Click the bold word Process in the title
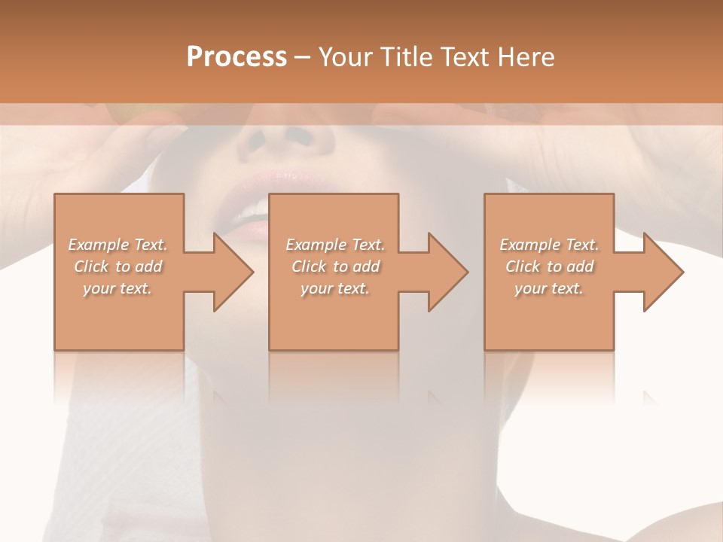[x=236, y=57]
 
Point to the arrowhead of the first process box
[x=233, y=272]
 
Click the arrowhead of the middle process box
[x=447, y=272]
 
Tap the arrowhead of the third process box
[x=663, y=272]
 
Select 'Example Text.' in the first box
[x=117, y=245]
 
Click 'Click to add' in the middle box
[x=335, y=266]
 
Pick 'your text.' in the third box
[x=549, y=288]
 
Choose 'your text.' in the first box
[x=117, y=288]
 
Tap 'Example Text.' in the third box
[x=549, y=245]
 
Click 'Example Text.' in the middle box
[x=335, y=245]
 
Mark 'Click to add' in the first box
[x=117, y=266]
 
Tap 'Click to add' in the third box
[x=549, y=266]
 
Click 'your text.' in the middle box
[x=335, y=288]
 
